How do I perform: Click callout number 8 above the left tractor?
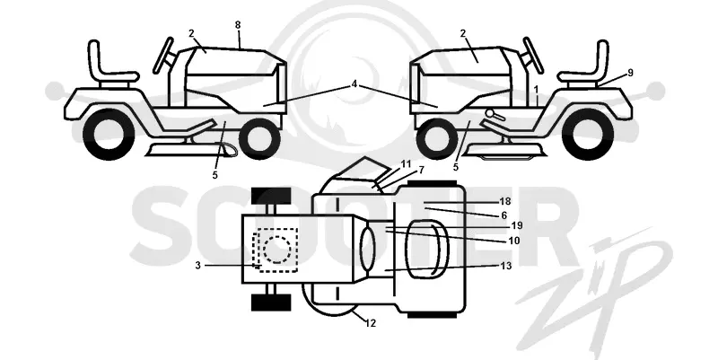[238, 25]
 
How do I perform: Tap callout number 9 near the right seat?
[630, 73]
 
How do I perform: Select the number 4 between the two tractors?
[355, 83]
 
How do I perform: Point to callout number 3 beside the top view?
[197, 265]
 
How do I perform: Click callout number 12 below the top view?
[371, 323]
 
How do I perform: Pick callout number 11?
[407, 163]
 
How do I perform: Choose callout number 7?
[421, 171]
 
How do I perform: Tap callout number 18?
[505, 201]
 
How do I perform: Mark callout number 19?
[517, 225]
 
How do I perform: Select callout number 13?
[506, 266]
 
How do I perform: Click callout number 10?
[514, 241]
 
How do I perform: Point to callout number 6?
[504, 215]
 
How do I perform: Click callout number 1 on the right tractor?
[536, 89]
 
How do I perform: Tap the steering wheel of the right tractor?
[533, 55]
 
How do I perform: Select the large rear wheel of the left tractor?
[109, 134]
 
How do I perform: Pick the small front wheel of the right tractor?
[437, 139]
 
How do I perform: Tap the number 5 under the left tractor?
[215, 175]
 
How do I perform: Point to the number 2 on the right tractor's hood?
[463, 33]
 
